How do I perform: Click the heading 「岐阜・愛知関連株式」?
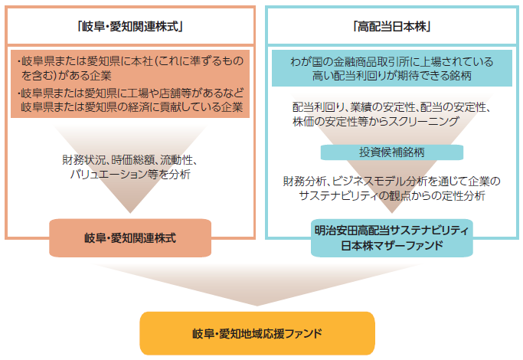click(130, 26)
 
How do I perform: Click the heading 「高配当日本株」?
click(392, 26)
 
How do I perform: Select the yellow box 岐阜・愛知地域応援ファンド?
click(257, 333)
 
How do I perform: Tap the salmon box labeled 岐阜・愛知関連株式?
click(130, 238)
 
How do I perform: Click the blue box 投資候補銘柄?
click(392, 152)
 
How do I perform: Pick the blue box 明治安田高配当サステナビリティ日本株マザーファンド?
click(392, 238)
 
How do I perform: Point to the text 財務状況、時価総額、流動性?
click(129, 160)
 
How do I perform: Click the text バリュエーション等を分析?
click(130, 174)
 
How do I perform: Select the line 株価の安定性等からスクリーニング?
click(376, 122)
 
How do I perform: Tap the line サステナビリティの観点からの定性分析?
click(392, 195)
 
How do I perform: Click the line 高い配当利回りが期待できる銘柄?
click(392, 76)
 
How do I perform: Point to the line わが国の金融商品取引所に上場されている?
click(392, 62)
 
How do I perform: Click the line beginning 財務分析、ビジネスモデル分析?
click(392, 182)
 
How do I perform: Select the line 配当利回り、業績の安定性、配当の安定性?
click(391, 107)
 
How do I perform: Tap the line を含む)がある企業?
click(66, 76)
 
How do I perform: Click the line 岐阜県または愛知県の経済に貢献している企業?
click(132, 106)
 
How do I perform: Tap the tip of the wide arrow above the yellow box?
click(257, 306)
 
